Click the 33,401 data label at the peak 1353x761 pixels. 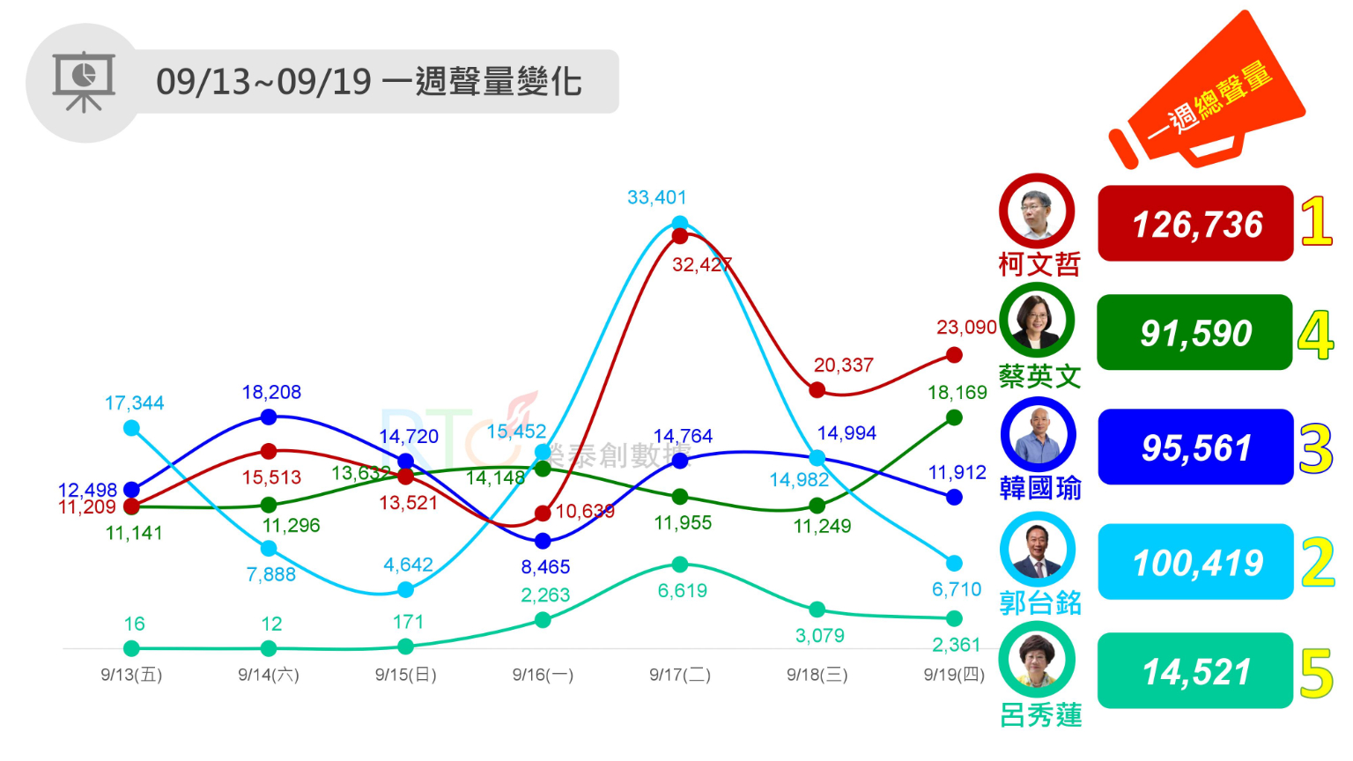point(656,197)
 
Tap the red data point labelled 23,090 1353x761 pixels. point(954,355)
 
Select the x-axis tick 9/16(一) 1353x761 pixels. point(543,675)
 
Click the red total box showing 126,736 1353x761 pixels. point(1195,224)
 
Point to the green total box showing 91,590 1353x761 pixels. point(1194,333)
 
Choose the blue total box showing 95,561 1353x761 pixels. point(1195,447)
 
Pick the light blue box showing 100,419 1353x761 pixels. point(1195,562)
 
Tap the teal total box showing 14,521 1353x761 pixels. point(1195,671)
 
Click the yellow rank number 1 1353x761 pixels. point(1316,221)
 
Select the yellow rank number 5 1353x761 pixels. point(1317,674)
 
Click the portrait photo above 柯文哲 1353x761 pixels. point(1037,212)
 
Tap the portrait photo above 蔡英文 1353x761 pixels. point(1037,321)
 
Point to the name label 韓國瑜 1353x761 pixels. point(1040,487)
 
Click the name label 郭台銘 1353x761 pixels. point(1040,602)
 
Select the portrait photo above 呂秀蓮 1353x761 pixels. point(1037,660)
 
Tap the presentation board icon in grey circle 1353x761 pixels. point(84,82)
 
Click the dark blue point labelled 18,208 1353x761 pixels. point(269,417)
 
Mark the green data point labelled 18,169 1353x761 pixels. point(954,417)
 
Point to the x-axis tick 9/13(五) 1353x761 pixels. point(131,675)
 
